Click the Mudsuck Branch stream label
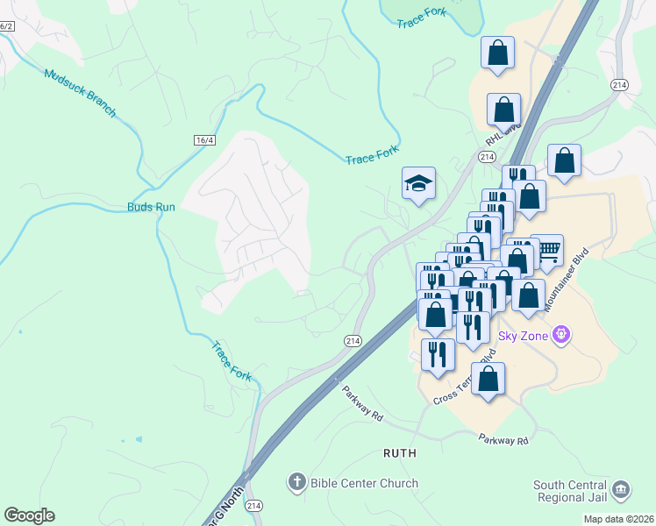point(80,91)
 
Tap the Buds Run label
point(152,207)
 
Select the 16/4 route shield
point(204,140)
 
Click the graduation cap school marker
point(418,183)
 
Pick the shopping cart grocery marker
point(547,252)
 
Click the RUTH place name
point(399,453)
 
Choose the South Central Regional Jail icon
point(621,489)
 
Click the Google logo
point(29,515)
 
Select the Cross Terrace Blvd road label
point(466,379)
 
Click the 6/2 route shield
point(6,26)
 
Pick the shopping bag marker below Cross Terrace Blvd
point(488,380)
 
